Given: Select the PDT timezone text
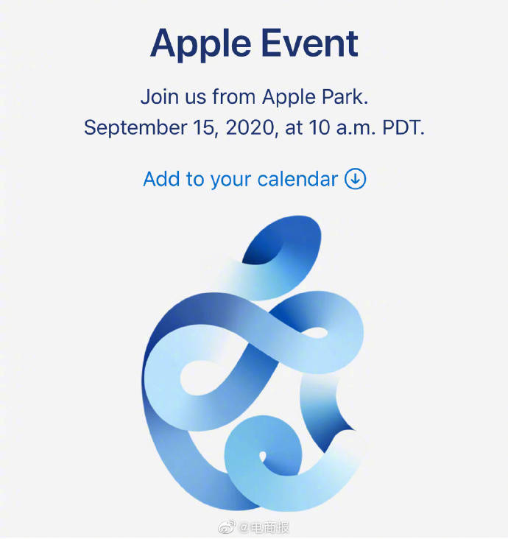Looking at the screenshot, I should (x=401, y=127).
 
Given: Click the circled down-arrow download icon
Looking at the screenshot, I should (x=355, y=179).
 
